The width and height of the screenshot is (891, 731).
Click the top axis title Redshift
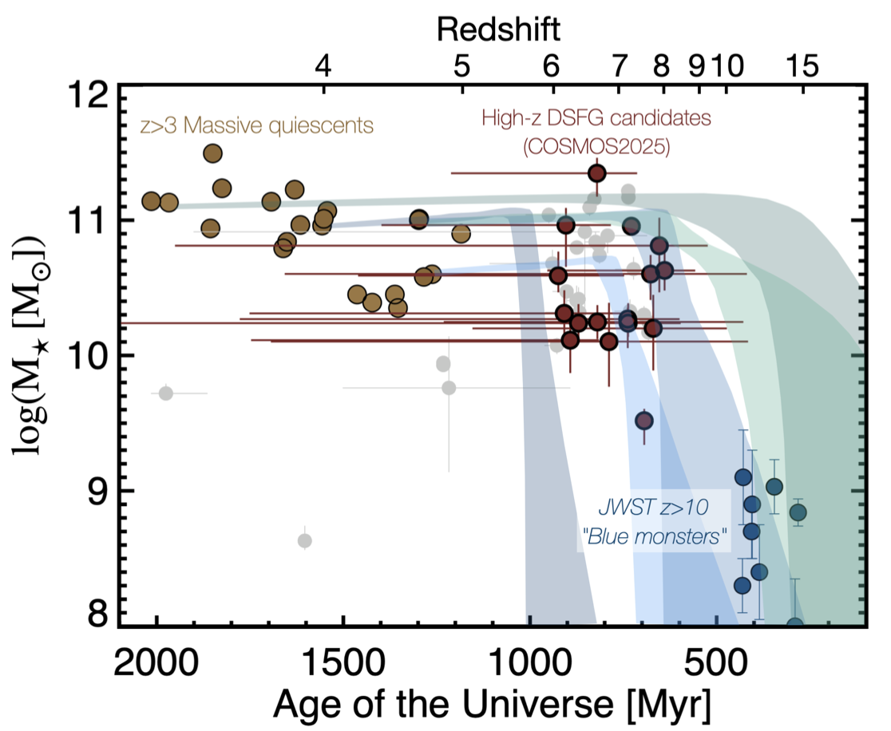(498, 30)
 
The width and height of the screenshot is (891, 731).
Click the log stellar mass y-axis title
(30, 351)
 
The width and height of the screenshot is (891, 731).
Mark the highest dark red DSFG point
(596, 172)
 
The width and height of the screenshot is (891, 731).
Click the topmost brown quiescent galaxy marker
(212, 153)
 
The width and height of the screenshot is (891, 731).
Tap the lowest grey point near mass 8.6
(304, 540)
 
